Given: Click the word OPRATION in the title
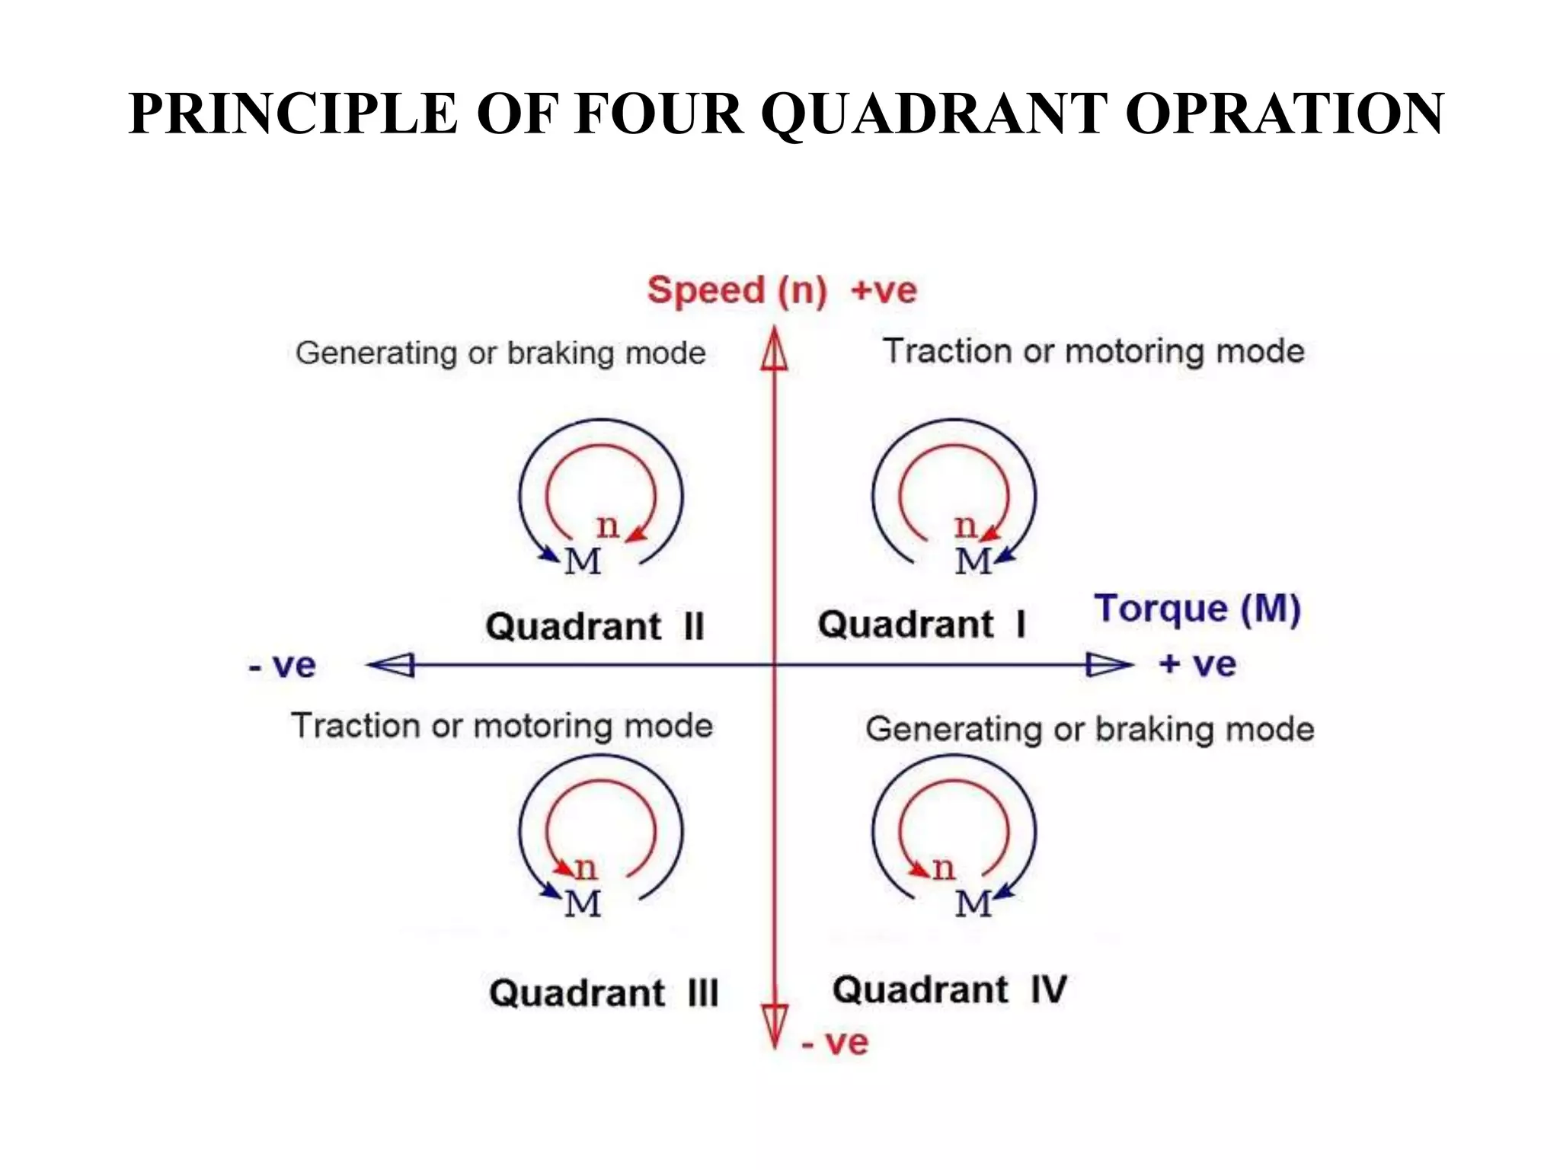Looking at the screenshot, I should pyautogui.click(x=1283, y=114).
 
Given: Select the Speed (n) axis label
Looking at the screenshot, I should pyautogui.click(x=737, y=291).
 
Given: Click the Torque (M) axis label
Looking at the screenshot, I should pyautogui.click(x=1197, y=609).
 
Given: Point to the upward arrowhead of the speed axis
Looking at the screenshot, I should pyautogui.click(x=775, y=351).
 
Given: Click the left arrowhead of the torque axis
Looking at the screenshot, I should pyautogui.click(x=392, y=665).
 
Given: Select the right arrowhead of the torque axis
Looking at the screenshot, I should pyautogui.click(x=1108, y=665).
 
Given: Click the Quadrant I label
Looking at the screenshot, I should pyautogui.click(x=922, y=625).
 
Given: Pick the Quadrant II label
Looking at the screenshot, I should pyautogui.click(x=595, y=627).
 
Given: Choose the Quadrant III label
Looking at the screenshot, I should pyautogui.click(x=603, y=993).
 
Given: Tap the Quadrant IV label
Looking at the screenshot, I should pyautogui.click(x=949, y=990).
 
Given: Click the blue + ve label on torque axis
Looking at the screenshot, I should pyautogui.click(x=1197, y=665).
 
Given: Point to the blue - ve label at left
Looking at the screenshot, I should pyautogui.click(x=282, y=667).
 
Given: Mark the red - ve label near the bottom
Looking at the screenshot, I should pyautogui.click(x=835, y=1043).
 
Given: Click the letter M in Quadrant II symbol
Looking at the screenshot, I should pyautogui.click(x=583, y=562).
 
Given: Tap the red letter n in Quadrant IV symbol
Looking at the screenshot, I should pyautogui.click(x=943, y=868).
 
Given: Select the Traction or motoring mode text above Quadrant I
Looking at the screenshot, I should pyautogui.click(x=1093, y=352).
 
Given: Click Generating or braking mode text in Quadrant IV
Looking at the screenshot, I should pyautogui.click(x=1089, y=730).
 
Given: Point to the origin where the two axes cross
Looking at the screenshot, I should pyautogui.click(x=775, y=665).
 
